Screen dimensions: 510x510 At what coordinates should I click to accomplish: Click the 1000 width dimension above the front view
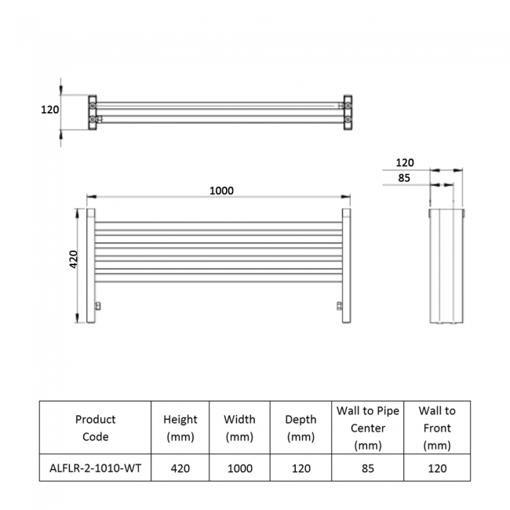pyautogui.click(x=221, y=191)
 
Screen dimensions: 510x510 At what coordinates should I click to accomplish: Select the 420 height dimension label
pyautogui.click(x=74, y=259)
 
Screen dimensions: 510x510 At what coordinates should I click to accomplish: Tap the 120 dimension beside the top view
pyautogui.click(x=49, y=110)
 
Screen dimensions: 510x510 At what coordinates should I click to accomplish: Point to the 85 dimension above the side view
pyautogui.click(x=404, y=178)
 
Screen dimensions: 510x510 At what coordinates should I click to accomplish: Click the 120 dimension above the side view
pyautogui.click(x=405, y=162)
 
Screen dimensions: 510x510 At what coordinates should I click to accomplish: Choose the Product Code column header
pyautogui.click(x=95, y=428)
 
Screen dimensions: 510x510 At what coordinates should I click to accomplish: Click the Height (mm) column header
pyautogui.click(x=180, y=428)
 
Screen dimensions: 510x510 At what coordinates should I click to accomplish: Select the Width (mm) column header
pyautogui.click(x=239, y=428)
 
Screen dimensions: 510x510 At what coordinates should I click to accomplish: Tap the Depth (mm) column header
pyautogui.click(x=301, y=428)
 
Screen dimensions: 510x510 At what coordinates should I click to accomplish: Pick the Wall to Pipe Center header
pyautogui.click(x=368, y=428)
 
